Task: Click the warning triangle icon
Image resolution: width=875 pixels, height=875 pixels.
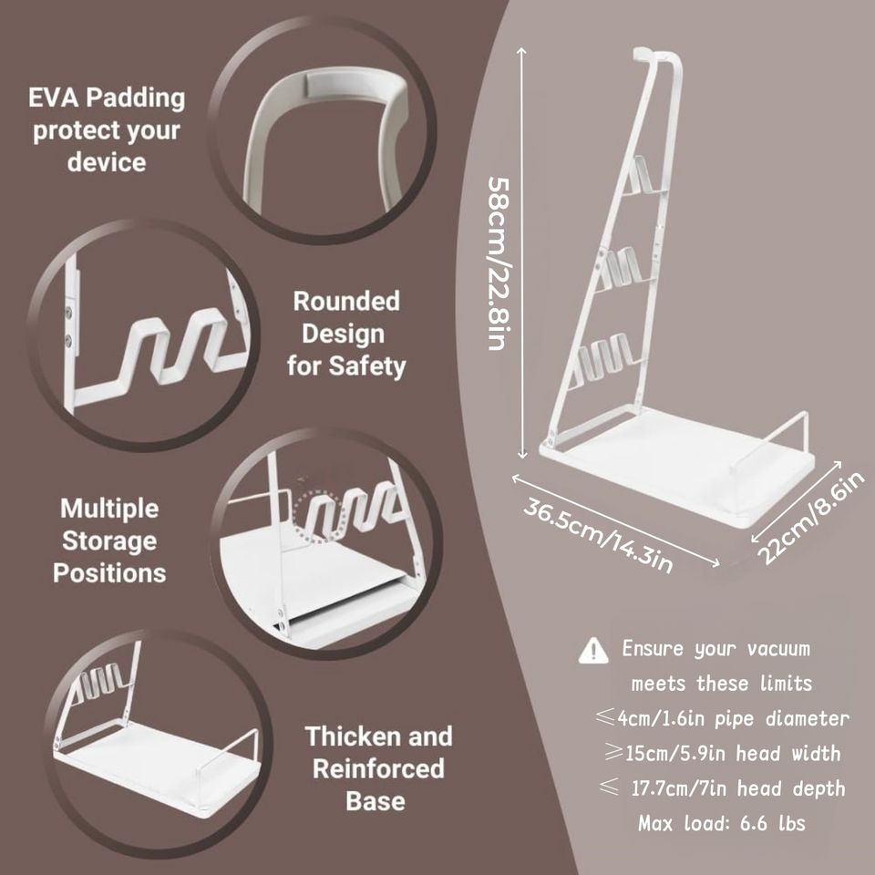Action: pyautogui.click(x=593, y=650)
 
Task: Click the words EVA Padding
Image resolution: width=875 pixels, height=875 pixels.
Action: pyautogui.click(x=106, y=97)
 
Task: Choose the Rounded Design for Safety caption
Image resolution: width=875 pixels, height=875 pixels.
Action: pyautogui.click(x=345, y=334)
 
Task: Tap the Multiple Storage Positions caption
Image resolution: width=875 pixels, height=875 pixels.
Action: pyautogui.click(x=109, y=540)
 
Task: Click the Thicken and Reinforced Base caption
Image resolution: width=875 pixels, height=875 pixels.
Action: pyautogui.click(x=377, y=768)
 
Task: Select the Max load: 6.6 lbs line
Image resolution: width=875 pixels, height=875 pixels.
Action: pyautogui.click(x=721, y=824)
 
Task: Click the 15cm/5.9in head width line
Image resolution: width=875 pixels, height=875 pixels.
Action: pyautogui.click(x=719, y=754)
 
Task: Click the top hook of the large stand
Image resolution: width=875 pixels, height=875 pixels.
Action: pyautogui.click(x=654, y=57)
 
